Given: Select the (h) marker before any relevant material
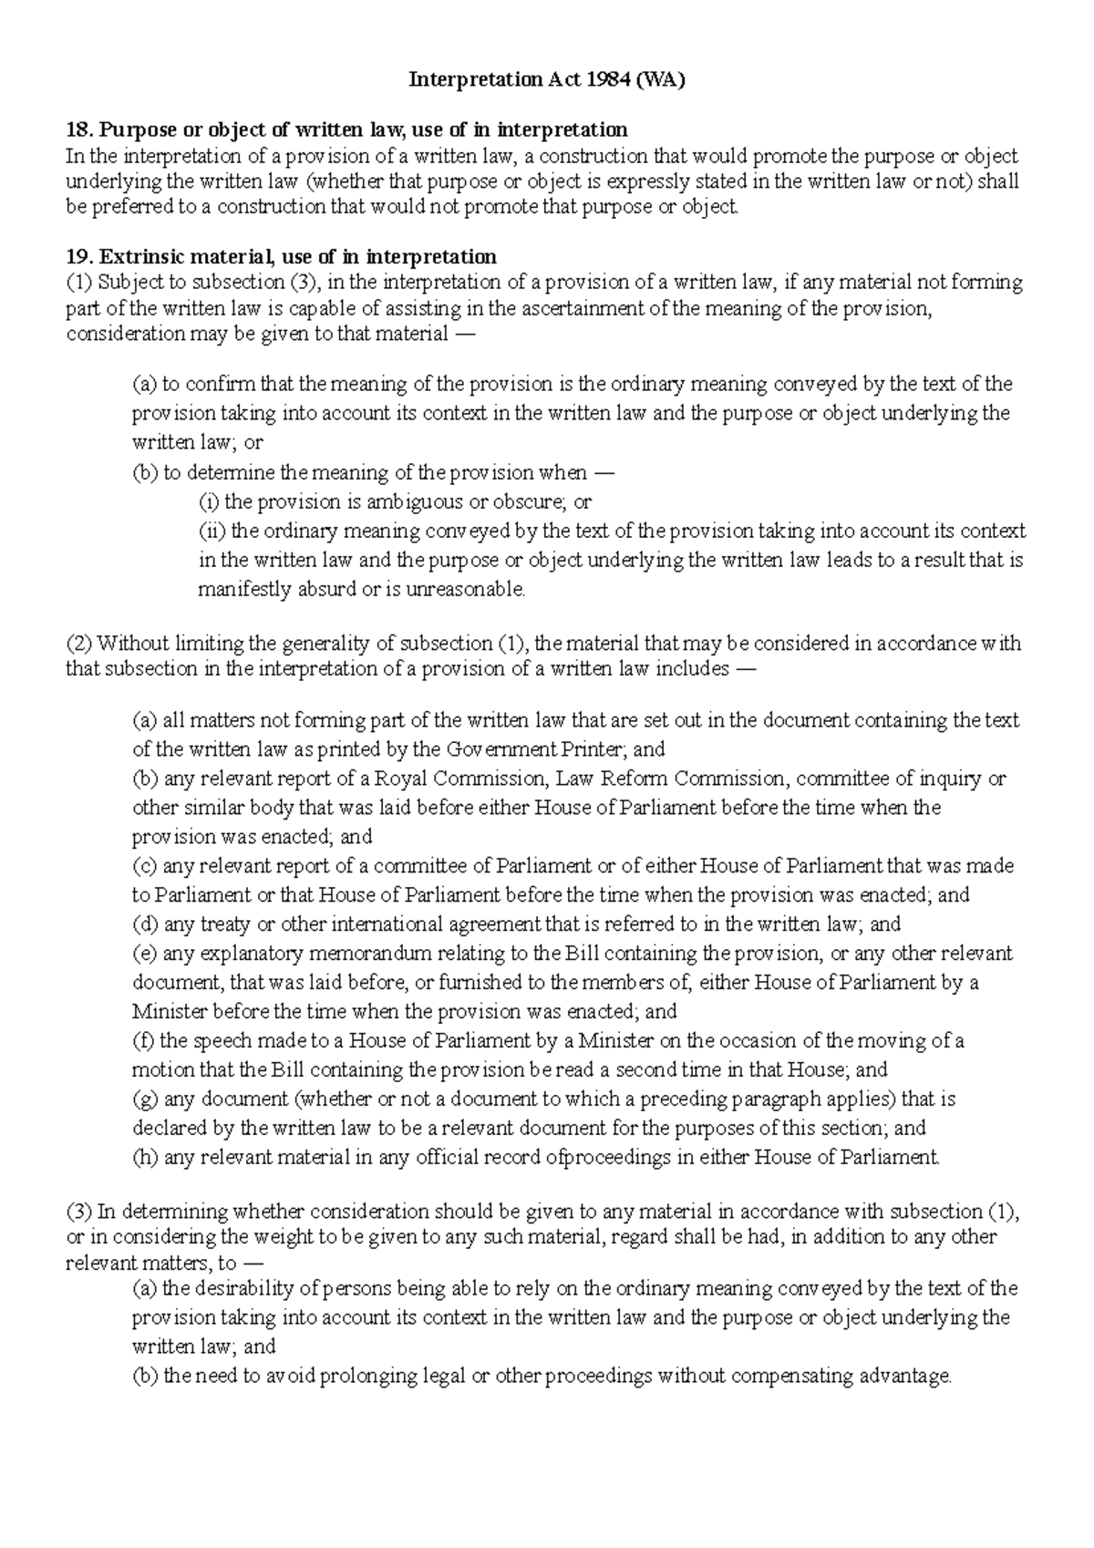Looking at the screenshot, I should point(145,1158).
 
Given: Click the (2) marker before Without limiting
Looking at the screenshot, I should point(78,644).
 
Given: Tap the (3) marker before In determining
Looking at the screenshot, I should point(78,1212).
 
